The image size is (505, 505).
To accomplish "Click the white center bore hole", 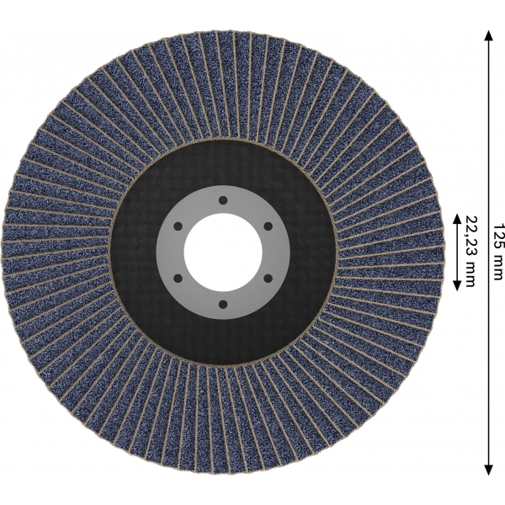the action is point(223,252).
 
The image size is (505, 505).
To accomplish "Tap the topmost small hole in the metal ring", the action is point(223,200).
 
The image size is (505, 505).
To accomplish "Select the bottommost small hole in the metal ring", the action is point(224,305).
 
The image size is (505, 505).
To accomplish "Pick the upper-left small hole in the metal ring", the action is point(178,226).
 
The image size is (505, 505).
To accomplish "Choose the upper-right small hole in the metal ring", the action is point(268,226).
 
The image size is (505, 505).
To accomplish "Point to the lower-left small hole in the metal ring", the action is point(178,279).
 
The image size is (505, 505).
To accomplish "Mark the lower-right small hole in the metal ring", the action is point(268,279).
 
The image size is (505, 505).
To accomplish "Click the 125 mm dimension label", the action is point(498,252).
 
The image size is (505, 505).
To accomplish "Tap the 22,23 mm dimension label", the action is point(470,252).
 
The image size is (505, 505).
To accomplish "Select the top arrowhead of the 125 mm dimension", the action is point(488,35).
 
